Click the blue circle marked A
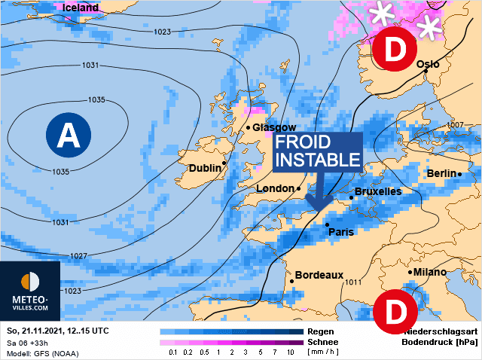point(69,135)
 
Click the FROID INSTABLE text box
point(316,151)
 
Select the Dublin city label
point(205,168)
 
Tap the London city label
point(275,188)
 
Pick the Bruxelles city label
point(377,191)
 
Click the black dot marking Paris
point(326,224)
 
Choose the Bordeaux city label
point(319,275)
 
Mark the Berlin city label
point(441,173)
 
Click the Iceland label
point(80,8)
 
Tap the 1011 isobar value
point(353,282)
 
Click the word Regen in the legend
point(322,331)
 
